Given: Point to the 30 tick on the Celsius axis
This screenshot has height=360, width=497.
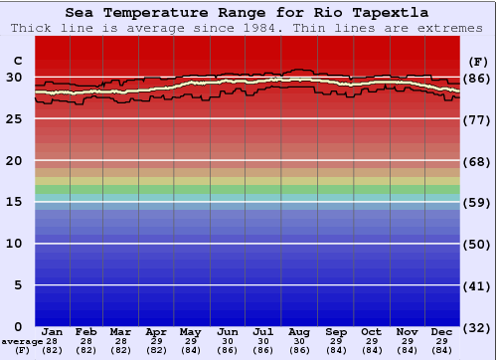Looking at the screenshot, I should pyautogui.click(x=15, y=77).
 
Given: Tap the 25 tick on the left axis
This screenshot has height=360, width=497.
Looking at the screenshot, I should pyautogui.click(x=15, y=118).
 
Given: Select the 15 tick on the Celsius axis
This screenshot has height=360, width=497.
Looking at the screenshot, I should pyautogui.click(x=15, y=202).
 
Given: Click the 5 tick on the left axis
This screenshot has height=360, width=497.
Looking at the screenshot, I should pyautogui.click(x=19, y=285).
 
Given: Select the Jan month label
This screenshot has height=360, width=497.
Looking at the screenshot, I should pyautogui.click(x=53, y=331).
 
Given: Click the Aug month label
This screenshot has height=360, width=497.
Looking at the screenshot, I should pyautogui.click(x=300, y=331).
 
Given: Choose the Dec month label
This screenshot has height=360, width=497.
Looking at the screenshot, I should pyautogui.click(x=442, y=331).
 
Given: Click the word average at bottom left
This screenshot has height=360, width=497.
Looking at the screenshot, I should pyautogui.click(x=23, y=341).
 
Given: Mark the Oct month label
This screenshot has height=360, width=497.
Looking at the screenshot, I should pyautogui.click(x=371, y=331).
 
